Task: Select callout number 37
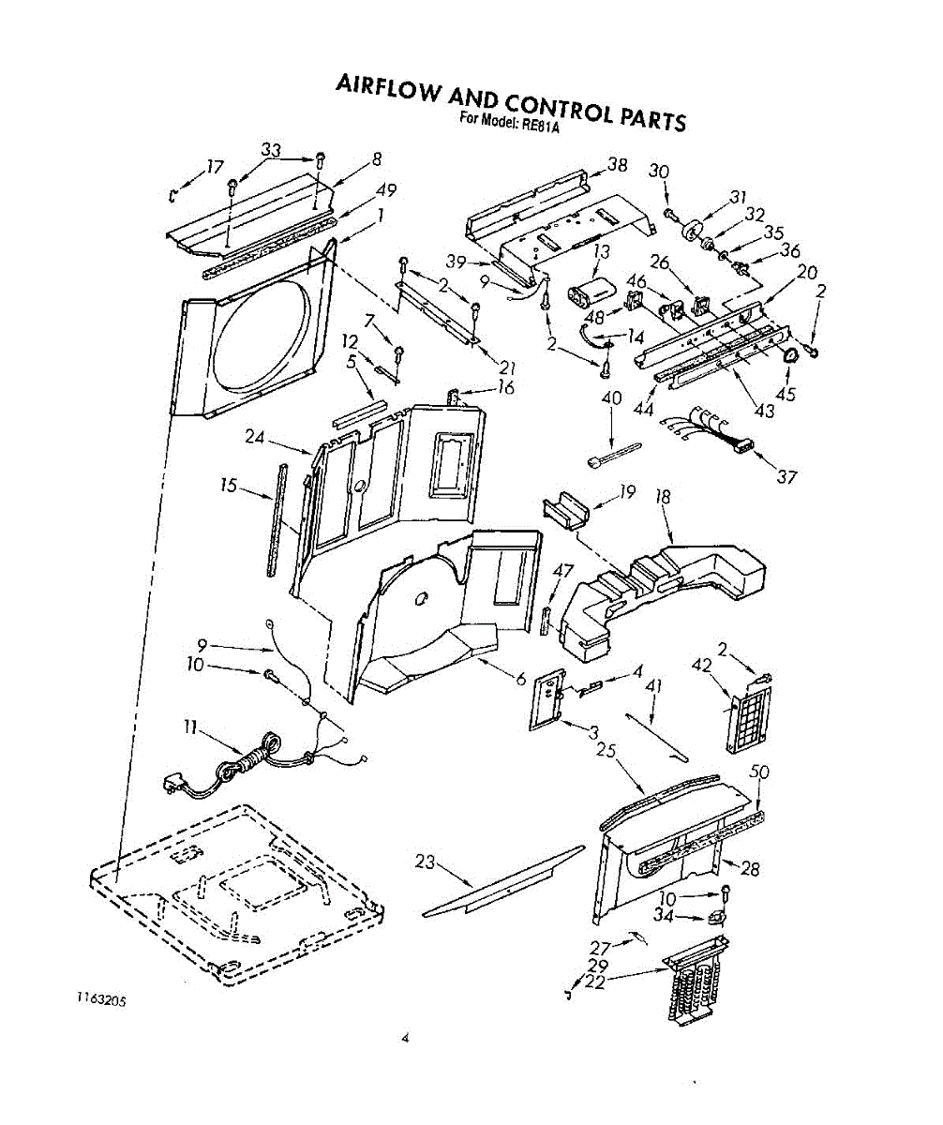[x=786, y=476]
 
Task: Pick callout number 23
[x=426, y=862]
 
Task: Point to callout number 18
[x=662, y=496]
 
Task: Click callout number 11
[x=189, y=729]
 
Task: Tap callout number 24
[x=254, y=437]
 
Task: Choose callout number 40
[x=611, y=398]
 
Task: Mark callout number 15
[x=229, y=486]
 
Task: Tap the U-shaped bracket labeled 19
[x=566, y=510]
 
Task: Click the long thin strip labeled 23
[x=502, y=881]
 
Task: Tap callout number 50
[x=759, y=772]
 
